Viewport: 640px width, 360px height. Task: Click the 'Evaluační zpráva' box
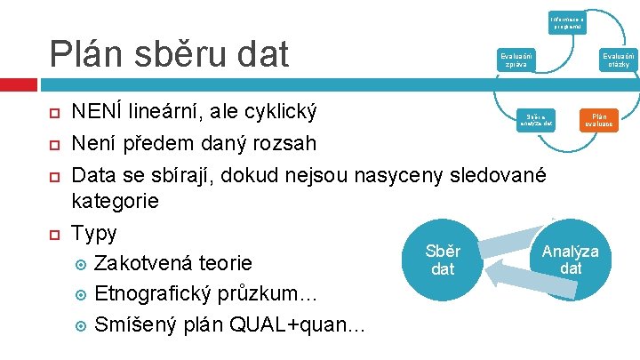(516, 60)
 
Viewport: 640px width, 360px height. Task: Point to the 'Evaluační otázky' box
(616, 60)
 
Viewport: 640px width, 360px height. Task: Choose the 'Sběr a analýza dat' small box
(539, 119)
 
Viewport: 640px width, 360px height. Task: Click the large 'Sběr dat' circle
(442, 259)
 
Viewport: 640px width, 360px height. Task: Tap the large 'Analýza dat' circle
(571, 259)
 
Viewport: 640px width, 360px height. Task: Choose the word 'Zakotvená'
(147, 264)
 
